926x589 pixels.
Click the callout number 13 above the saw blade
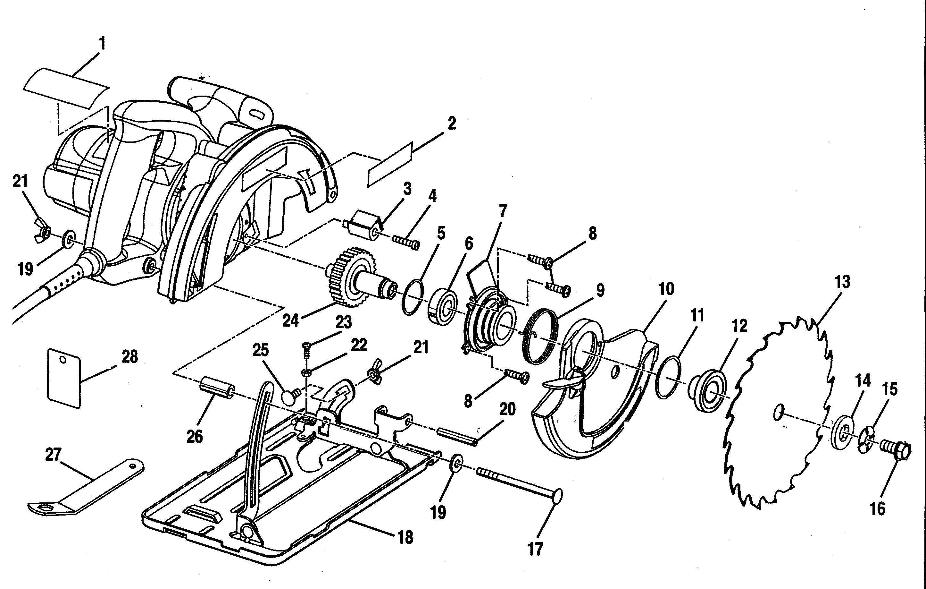[842, 282]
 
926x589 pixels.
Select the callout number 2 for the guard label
[452, 124]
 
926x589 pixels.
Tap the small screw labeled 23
[306, 349]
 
